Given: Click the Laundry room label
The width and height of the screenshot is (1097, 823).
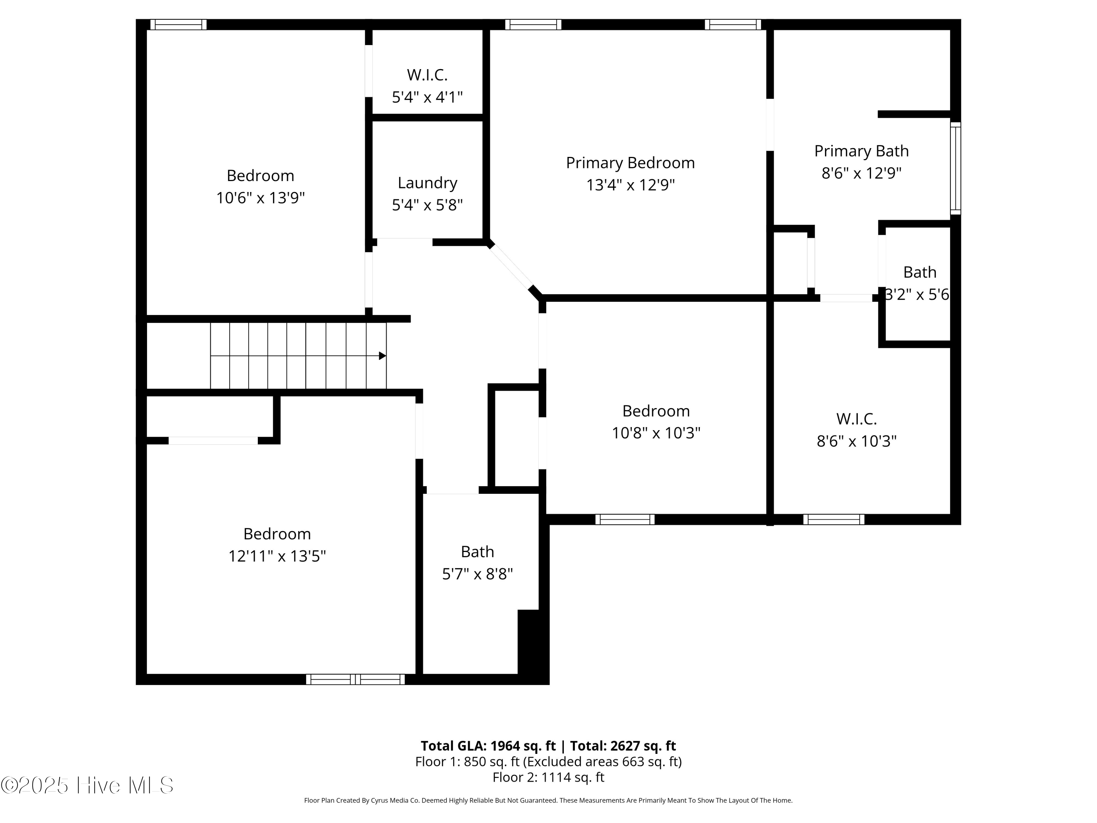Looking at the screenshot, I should pyautogui.click(x=427, y=183).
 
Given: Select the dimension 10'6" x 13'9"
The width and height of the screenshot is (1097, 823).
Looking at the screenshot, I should pyautogui.click(x=260, y=198).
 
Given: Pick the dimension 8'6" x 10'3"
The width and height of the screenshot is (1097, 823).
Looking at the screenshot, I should pyautogui.click(x=856, y=441).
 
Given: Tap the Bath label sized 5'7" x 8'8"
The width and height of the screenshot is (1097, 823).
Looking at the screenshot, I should pyautogui.click(x=477, y=552).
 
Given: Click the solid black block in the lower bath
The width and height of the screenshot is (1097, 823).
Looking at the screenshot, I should pyautogui.click(x=532, y=645).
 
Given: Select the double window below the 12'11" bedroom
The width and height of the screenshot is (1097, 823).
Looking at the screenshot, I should pyautogui.click(x=355, y=679).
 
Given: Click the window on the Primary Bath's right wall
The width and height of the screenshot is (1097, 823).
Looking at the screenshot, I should pyautogui.click(x=955, y=169).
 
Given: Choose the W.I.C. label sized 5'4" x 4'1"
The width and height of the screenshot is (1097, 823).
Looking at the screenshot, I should pyautogui.click(x=427, y=75).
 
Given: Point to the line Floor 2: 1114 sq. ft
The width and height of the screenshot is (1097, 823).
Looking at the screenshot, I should pyautogui.click(x=548, y=777).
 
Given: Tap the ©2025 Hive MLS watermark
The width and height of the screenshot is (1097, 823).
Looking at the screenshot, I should pyautogui.click(x=87, y=785).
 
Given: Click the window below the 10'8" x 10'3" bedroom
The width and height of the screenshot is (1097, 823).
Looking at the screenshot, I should pyautogui.click(x=625, y=519).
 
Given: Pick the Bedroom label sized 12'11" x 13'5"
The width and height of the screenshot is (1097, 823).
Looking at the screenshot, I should pyautogui.click(x=277, y=534).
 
